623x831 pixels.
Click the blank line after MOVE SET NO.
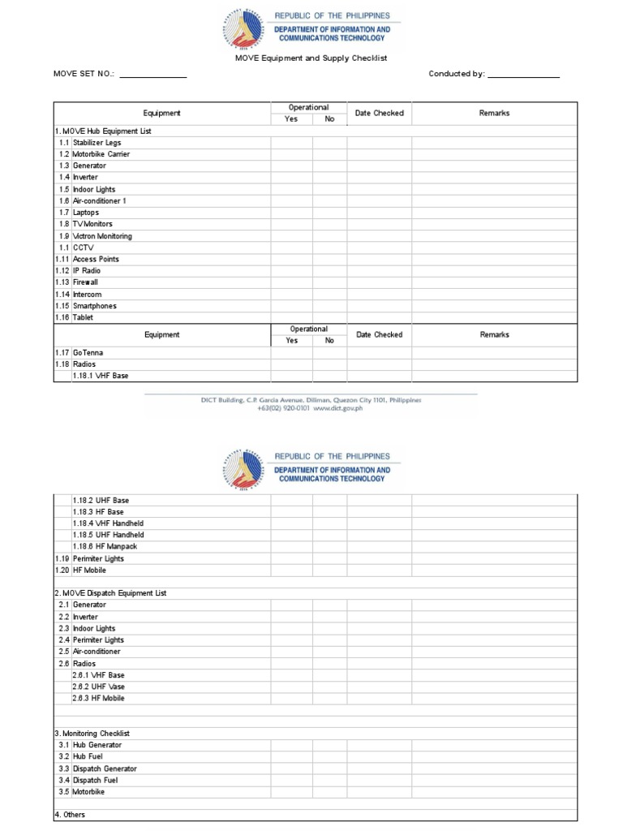(153, 75)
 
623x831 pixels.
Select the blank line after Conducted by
(524, 75)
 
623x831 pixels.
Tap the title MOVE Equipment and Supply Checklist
(311, 58)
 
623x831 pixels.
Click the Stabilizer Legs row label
(97, 143)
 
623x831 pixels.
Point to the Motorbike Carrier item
(101, 154)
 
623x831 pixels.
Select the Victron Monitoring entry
(102, 236)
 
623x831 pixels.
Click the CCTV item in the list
(84, 248)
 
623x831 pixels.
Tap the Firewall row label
(85, 282)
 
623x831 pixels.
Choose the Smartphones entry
(94, 306)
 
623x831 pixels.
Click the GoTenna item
(88, 353)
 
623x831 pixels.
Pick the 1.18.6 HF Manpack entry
(105, 546)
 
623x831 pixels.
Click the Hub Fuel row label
(89, 756)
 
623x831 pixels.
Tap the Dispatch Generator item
(105, 769)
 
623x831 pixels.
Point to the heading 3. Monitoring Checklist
(92, 733)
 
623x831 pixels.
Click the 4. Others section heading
(70, 814)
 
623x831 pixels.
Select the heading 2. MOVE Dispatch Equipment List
(110, 593)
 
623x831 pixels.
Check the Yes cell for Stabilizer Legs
(292, 143)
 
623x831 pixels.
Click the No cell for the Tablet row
(329, 317)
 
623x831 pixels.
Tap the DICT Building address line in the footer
(311, 400)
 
